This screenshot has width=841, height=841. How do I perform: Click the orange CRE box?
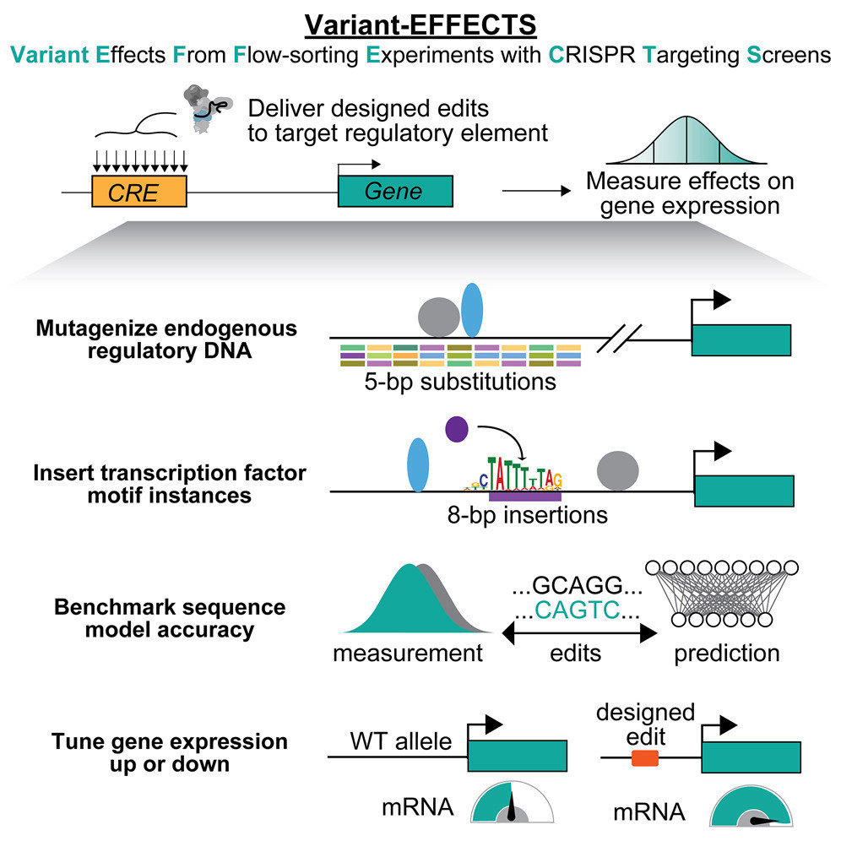[x=139, y=192]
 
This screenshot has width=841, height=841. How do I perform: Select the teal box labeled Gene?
[x=395, y=192]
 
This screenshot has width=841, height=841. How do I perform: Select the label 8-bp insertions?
[x=527, y=513]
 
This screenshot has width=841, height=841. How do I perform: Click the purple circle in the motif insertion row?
[x=456, y=429]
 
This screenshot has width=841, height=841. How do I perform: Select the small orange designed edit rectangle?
[x=645, y=758]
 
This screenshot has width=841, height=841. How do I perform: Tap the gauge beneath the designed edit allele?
[x=753, y=806]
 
